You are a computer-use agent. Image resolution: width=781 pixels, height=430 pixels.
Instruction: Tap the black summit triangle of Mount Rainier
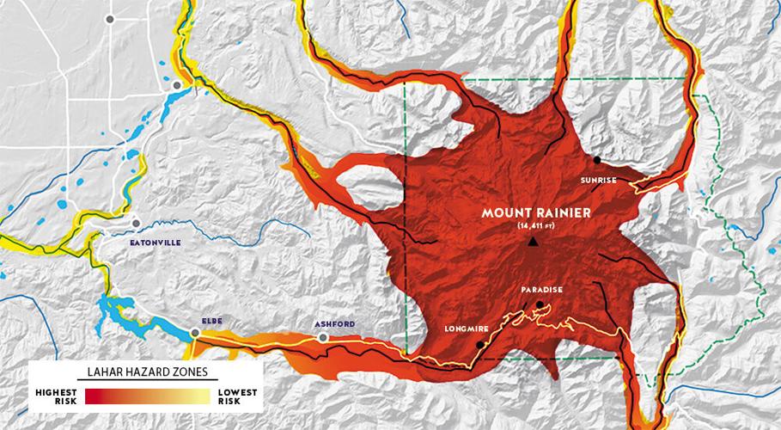[x=534, y=243]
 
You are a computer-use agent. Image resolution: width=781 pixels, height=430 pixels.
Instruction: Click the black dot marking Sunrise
[x=597, y=160]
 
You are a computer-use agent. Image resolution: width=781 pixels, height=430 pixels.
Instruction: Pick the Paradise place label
[x=541, y=289]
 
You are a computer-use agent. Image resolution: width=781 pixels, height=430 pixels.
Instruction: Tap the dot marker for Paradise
[x=539, y=304]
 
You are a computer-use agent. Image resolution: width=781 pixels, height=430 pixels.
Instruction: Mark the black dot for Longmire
[x=479, y=345]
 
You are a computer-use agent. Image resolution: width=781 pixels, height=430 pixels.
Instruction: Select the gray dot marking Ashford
[x=323, y=338]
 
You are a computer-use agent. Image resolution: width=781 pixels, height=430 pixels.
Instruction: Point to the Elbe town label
[x=211, y=321]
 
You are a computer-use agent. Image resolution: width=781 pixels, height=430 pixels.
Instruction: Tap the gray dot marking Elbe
[x=195, y=332]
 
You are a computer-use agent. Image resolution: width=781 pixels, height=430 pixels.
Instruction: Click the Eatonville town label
[x=155, y=243]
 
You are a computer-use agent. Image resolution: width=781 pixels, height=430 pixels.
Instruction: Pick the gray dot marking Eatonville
[x=135, y=223]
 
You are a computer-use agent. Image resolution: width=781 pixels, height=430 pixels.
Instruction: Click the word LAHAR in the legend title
[x=108, y=372]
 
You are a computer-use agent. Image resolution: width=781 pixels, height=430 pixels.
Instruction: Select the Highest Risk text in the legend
[x=56, y=396]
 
